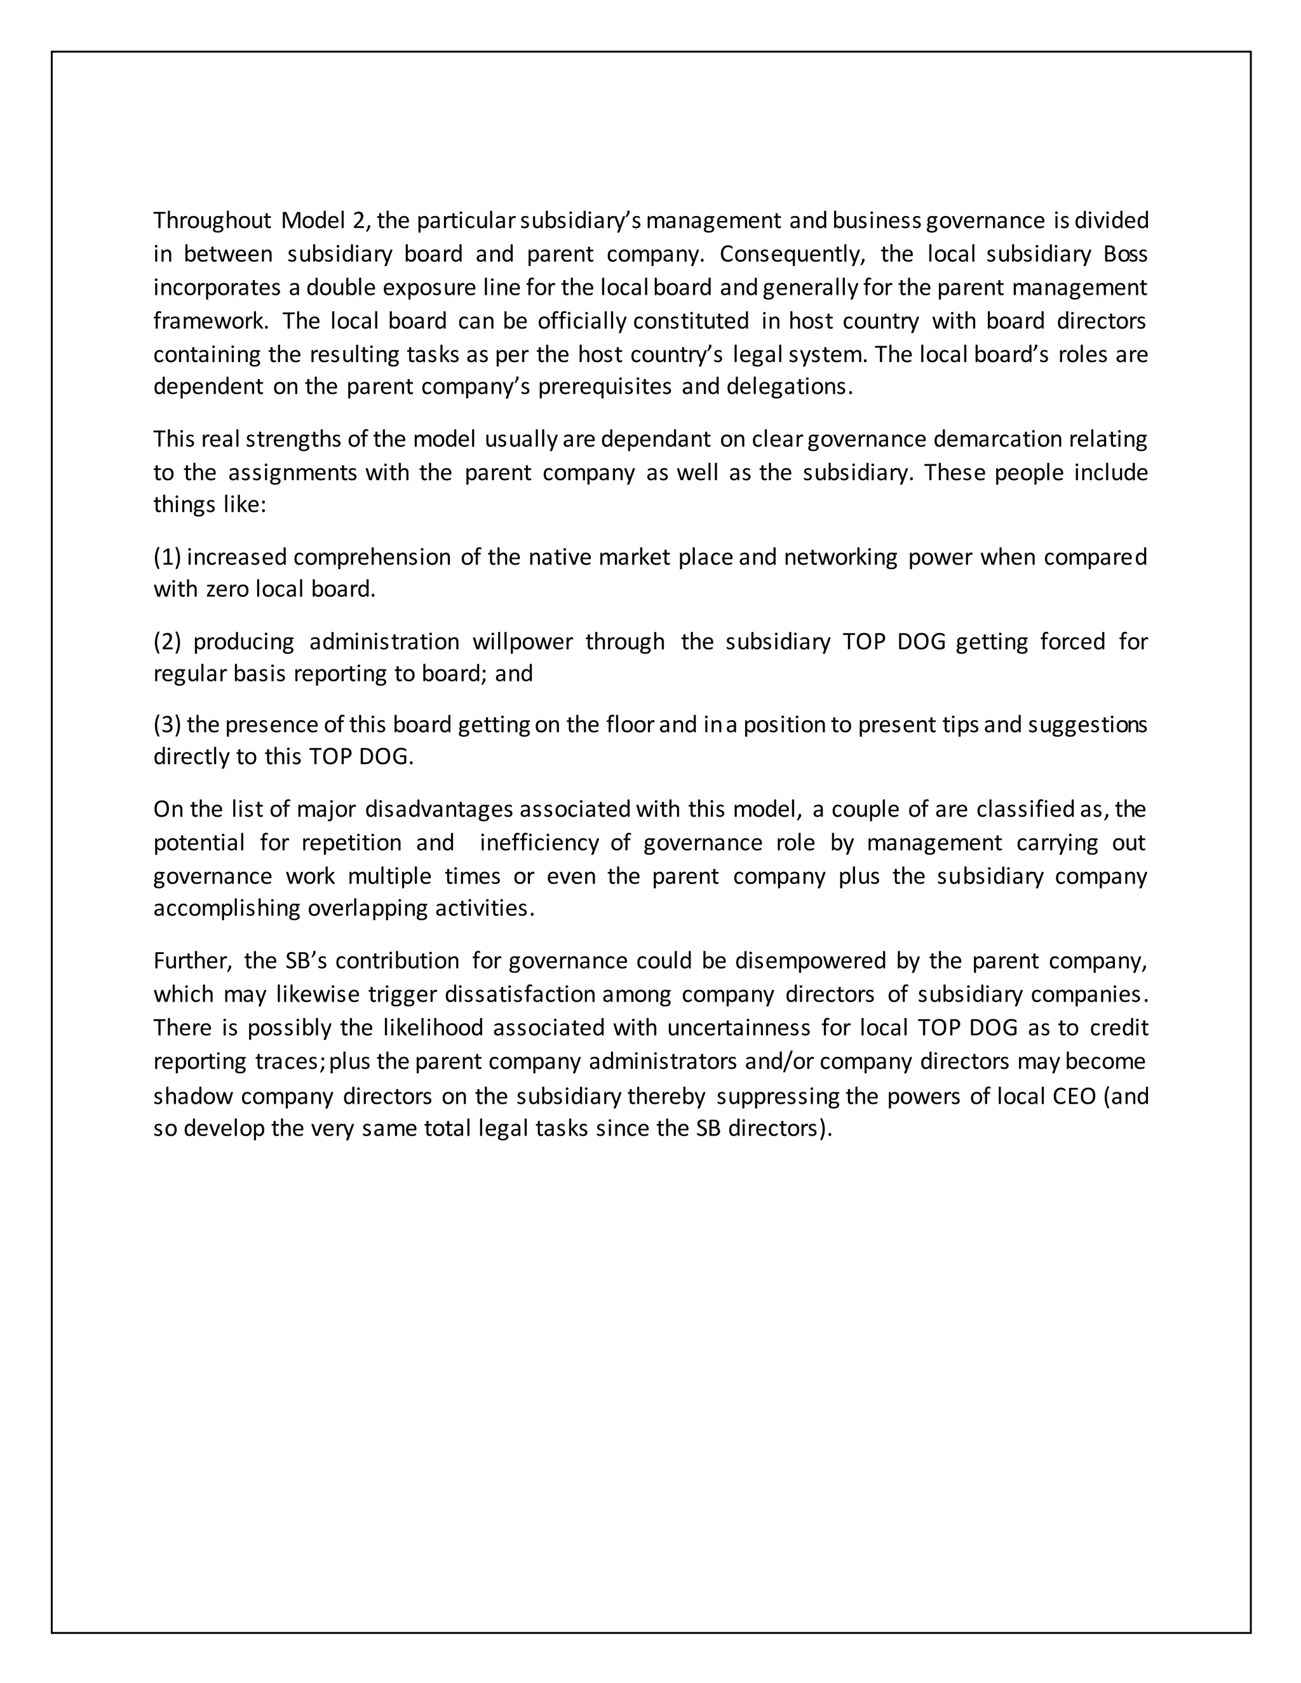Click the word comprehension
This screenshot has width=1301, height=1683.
(x=372, y=556)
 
